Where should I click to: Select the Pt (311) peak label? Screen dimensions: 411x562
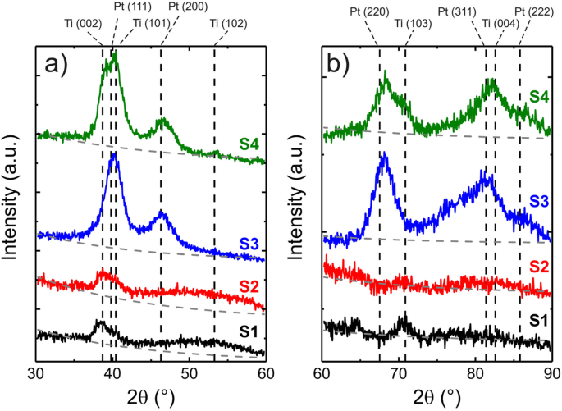tap(459, 9)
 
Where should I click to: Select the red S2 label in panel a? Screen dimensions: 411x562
tap(251, 284)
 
